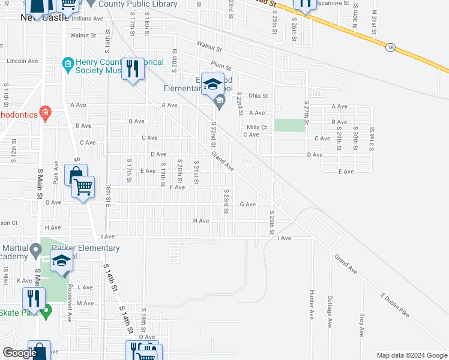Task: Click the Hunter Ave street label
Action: click(x=312, y=304)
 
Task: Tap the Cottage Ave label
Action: click(x=330, y=311)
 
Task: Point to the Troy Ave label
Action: click(x=361, y=324)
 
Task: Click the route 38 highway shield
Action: click(x=390, y=46)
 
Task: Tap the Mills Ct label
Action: click(x=256, y=127)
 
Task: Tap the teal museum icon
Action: click(x=68, y=63)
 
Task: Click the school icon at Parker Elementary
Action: click(x=61, y=262)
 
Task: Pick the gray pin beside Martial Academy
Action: click(x=35, y=248)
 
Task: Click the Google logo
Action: click(x=20, y=353)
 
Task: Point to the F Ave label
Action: click(x=177, y=187)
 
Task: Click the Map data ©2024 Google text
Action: click(x=411, y=355)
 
